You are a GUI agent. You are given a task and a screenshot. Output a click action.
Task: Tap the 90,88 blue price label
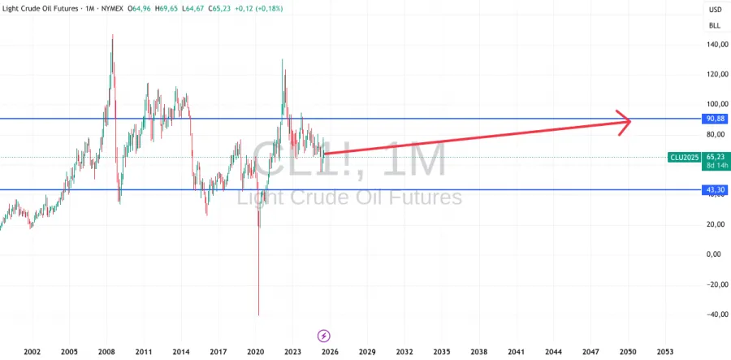[x=715, y=119]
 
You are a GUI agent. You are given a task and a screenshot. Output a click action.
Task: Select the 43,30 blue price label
[x=715, y=190]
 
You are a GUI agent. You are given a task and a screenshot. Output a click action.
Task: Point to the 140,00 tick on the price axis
[x=715, y=46]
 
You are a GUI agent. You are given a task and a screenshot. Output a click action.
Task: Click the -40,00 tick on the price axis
[x=713, y=314]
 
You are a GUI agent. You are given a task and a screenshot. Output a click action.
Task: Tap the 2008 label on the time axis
[x=107, y=352]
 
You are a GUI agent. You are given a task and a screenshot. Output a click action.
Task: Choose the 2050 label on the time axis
[x=627, y=352]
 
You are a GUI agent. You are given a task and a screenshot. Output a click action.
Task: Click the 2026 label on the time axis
[x=330, y=352]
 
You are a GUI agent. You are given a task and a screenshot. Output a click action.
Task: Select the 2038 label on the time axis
[x=478, y=352]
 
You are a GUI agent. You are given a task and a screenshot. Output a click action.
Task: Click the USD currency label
[x=715, y=10]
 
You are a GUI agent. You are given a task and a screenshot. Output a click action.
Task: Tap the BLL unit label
[x=715, y=25]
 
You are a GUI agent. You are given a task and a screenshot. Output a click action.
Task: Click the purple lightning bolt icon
[x=323, y=335]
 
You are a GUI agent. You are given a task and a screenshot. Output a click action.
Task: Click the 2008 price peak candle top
[x=112, y=35]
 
